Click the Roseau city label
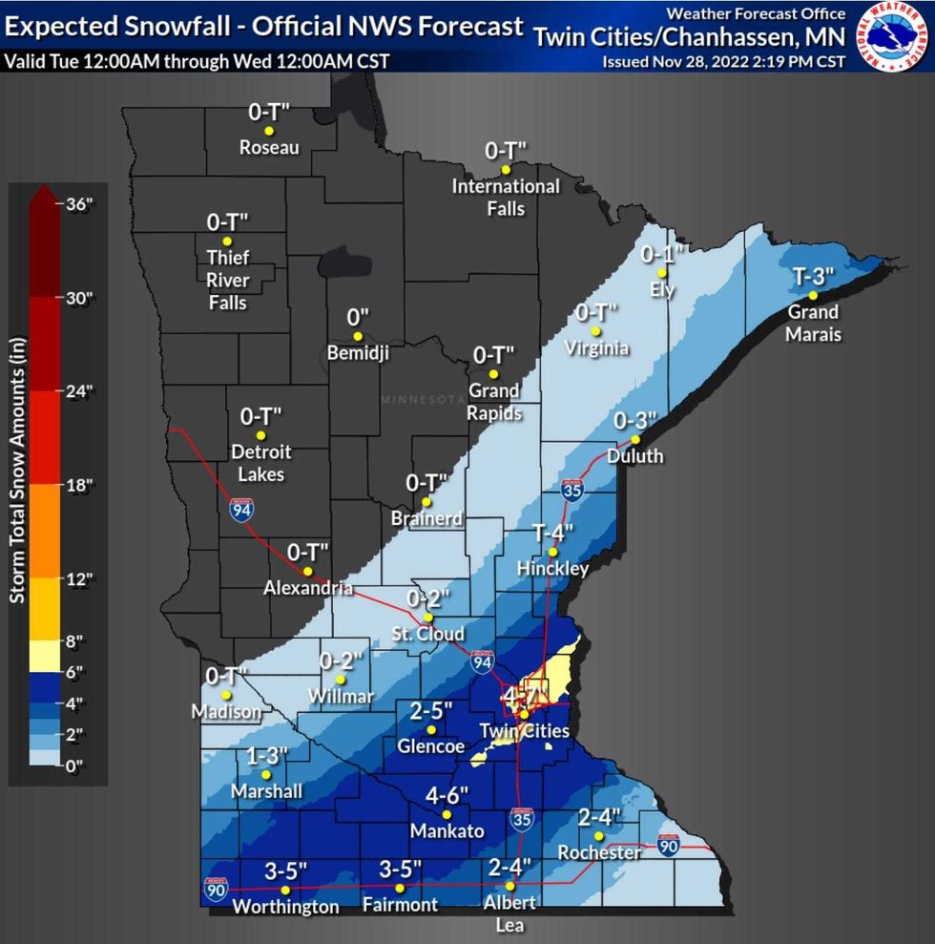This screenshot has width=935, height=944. coord(269,148)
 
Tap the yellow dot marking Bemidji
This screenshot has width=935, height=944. coord(358,336)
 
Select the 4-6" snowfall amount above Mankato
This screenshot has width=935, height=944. coord(447,794)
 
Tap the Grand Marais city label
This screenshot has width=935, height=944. coord(812,323)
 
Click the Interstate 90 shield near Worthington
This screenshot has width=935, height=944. coord(216,890)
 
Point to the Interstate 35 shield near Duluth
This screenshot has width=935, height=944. coord(572,491)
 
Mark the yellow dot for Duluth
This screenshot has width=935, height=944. coord(634,440)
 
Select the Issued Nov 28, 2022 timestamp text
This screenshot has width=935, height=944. coord(723,62)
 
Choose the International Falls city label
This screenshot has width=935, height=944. coord(506,197)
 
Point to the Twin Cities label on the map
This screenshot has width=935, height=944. coord(524,731)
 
